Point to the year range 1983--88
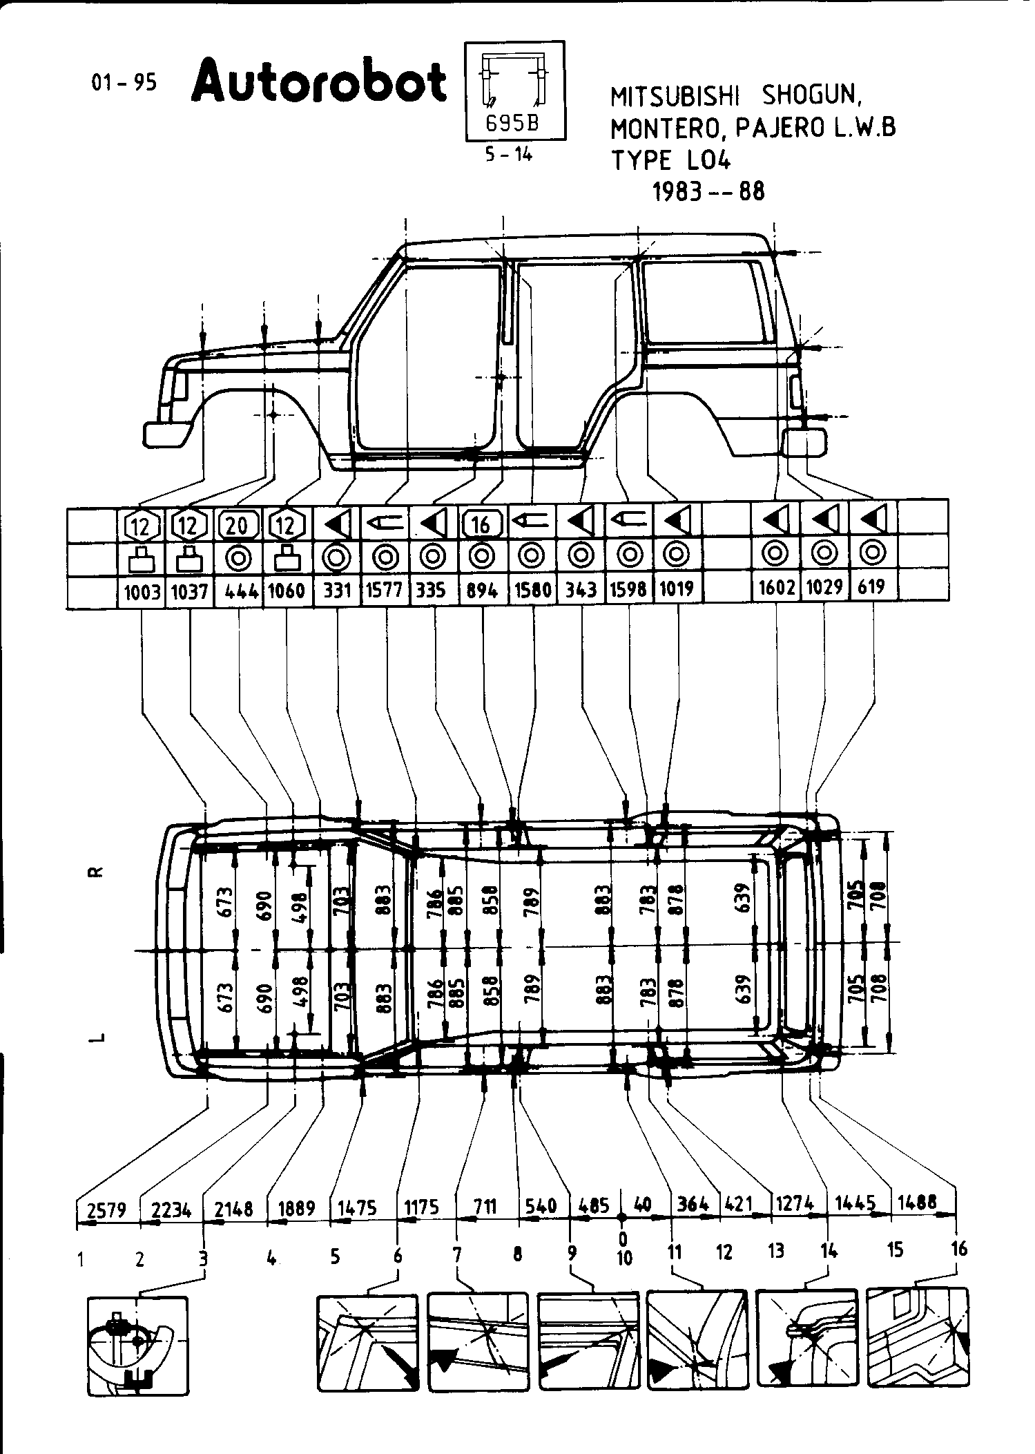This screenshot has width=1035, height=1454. point(709,191)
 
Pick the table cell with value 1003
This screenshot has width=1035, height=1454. point(142,591)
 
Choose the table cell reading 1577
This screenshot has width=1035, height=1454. point(385,591)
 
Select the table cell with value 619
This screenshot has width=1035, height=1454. point(873,588)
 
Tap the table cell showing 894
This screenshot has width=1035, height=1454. point(483,591)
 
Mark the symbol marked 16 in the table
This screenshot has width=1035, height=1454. point(481,525)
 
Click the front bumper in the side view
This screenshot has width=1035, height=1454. point(166,435)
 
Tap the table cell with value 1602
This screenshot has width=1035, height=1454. point(777,588)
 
